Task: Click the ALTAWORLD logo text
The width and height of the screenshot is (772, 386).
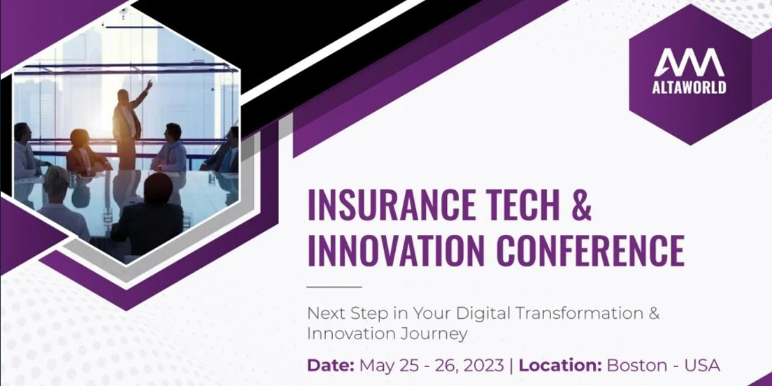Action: click(x=689, y=87)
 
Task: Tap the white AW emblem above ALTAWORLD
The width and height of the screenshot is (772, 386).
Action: click(x=689, y=62)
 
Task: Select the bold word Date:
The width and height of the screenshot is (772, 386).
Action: click(x=331, y=366)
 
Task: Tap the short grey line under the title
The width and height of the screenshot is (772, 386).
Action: click(x=334, y=287)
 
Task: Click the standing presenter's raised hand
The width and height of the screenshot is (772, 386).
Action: click(x=149, y=84)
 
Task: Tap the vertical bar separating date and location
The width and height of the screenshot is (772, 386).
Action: click(x=512, y=366)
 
